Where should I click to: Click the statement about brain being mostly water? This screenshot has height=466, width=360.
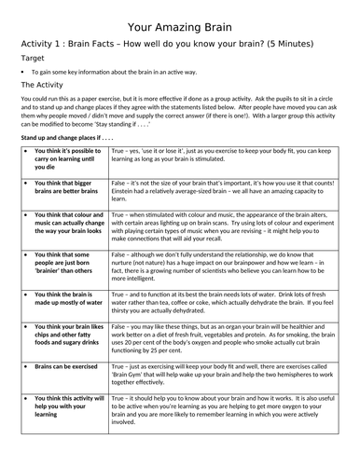pyautogui.click(x=63, y=298)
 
